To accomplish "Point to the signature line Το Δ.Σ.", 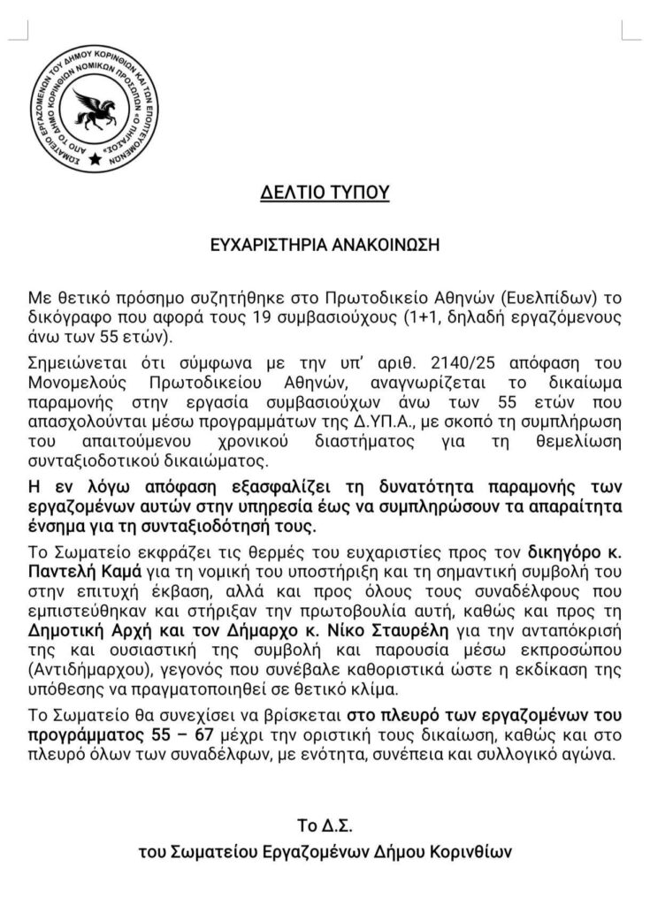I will (325, 826).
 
